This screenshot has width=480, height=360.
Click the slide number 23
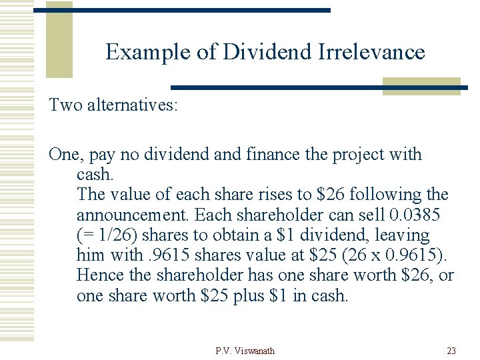[x=452, y=351]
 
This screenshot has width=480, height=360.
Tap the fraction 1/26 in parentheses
[x=115, y=235]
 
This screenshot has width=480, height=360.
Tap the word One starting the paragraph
[x=64, y=154]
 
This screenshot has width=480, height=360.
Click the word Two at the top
[x=65, y=105]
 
